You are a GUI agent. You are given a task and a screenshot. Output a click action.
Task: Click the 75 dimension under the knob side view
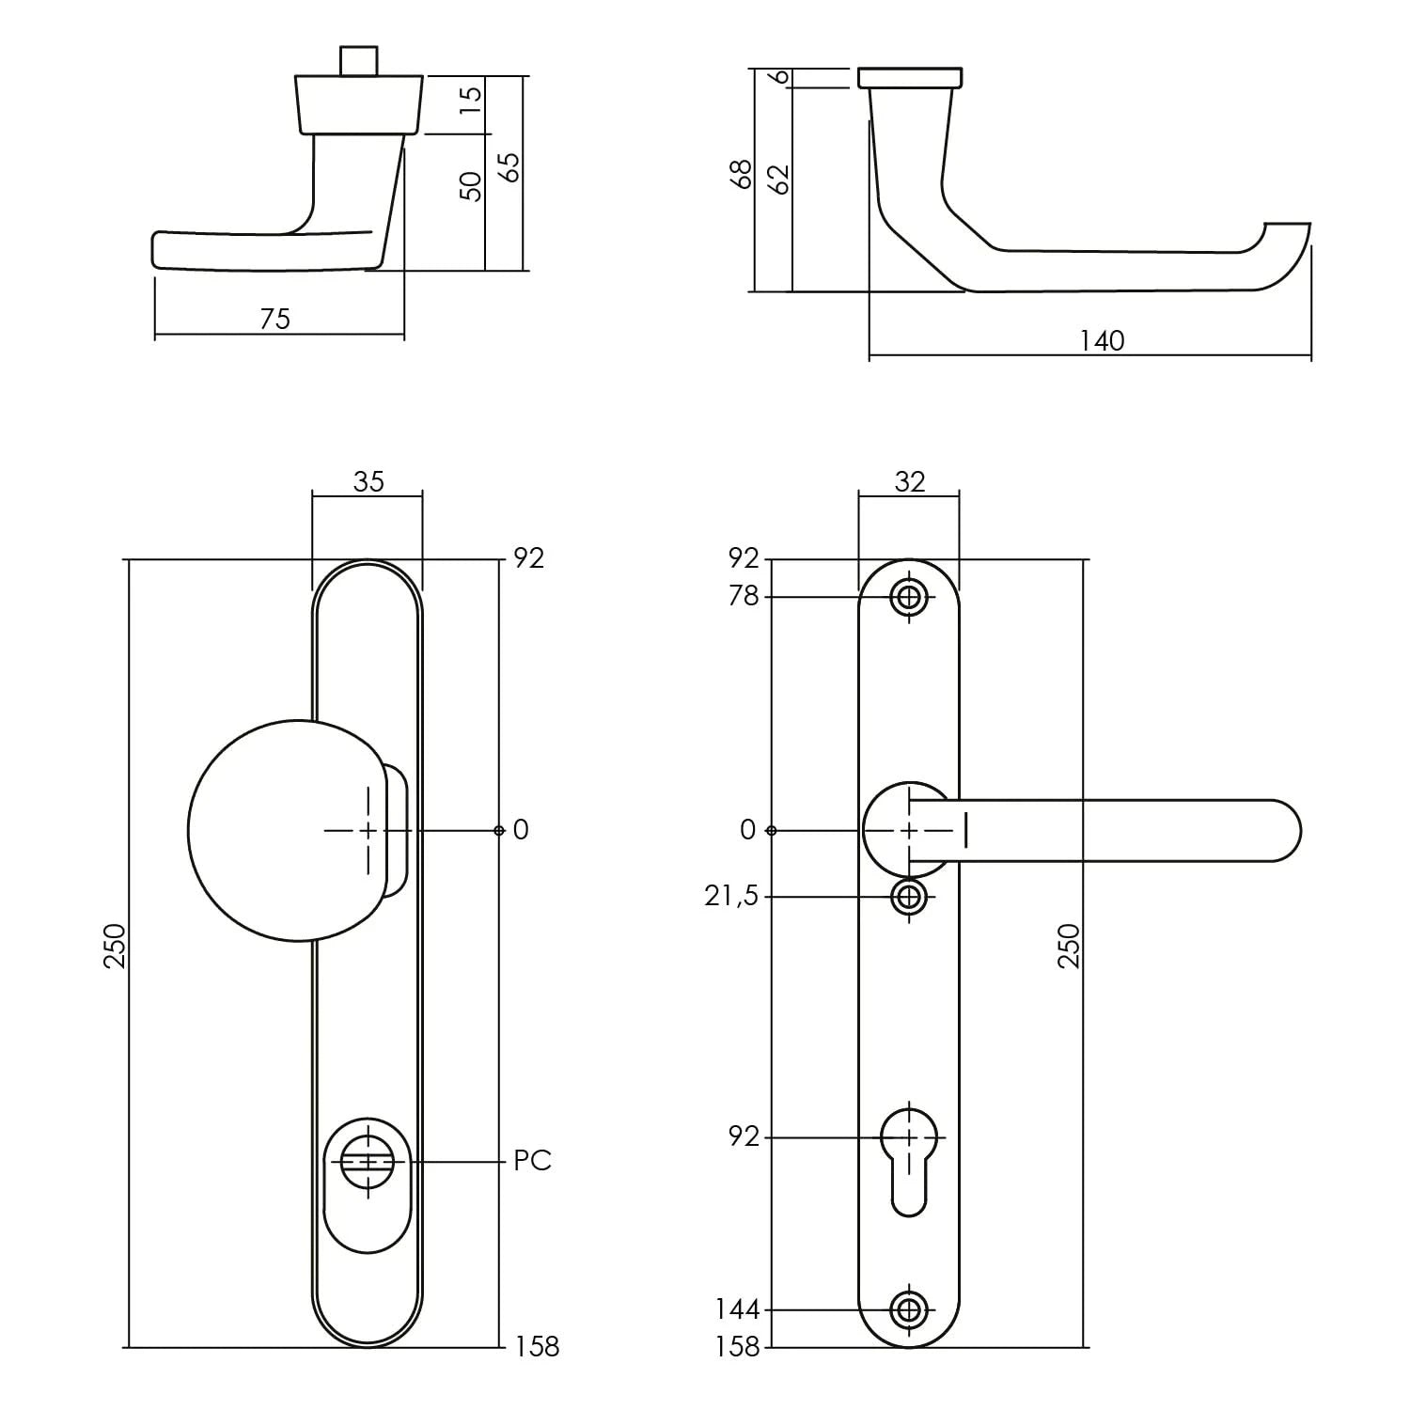point(275,320)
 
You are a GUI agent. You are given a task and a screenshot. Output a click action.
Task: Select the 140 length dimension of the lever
point(1101,340)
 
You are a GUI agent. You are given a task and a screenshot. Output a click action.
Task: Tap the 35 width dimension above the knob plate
point(368,481)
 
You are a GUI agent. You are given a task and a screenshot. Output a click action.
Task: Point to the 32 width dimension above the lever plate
point(909,481)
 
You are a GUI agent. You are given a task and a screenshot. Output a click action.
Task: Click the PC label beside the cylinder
point(532,1162)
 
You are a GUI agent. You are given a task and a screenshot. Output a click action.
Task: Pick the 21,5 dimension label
point(730,897)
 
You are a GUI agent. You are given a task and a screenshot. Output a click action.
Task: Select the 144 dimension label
point(737,1309)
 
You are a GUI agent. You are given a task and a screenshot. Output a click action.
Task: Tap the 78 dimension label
point(743,596)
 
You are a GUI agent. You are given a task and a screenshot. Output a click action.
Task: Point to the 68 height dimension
point(743,174)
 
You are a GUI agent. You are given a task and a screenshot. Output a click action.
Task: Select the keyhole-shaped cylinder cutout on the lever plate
point(908,1156)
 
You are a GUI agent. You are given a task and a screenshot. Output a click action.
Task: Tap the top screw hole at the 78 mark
point(908,597)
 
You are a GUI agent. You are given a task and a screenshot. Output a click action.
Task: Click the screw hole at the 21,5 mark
point(908,897)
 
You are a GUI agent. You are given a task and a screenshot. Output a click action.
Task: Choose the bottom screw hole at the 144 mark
point(908,1309)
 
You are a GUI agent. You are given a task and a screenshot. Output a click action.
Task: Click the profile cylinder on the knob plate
point(368,1163)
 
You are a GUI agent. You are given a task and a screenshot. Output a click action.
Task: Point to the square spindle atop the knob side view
point(358,59)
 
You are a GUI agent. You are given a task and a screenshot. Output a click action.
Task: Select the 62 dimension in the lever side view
point(778,179)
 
